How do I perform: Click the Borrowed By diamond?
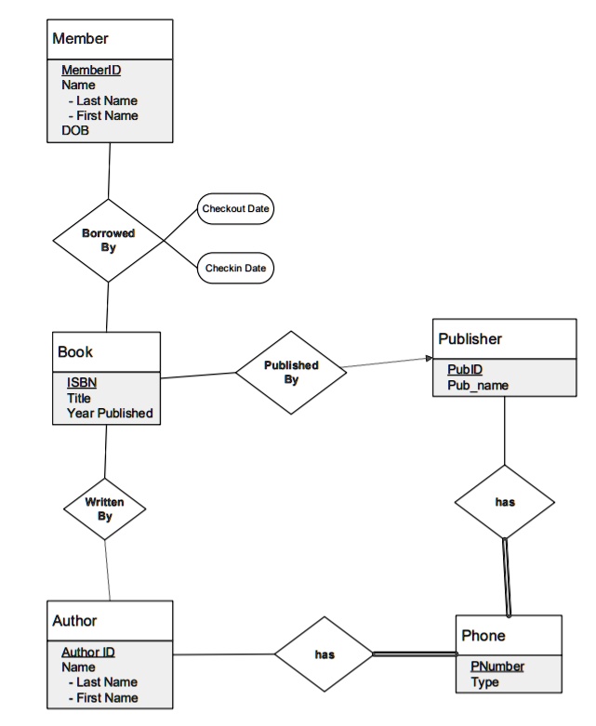point(109,241)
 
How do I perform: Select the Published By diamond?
point(291,372)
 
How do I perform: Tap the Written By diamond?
point(105,508)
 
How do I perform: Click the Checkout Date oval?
point(235,209)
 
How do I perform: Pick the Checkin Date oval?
point(235,268)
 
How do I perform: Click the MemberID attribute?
point(91,70)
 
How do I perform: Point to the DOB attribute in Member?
point(75,130)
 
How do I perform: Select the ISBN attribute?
point(82,382)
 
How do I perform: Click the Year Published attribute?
point(110,413)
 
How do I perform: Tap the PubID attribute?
point(465,369)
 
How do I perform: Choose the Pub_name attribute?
point(478,385)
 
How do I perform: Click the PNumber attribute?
point(497,667)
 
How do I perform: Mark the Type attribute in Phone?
point(484,682)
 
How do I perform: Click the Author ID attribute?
point(88,652)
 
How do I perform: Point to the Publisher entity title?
point(470,339)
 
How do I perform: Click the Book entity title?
point(75,352)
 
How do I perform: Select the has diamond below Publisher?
point(505,502)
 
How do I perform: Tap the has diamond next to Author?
point(324,654)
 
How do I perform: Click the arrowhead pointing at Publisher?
point(430,358)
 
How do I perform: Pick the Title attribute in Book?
point(79,398)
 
